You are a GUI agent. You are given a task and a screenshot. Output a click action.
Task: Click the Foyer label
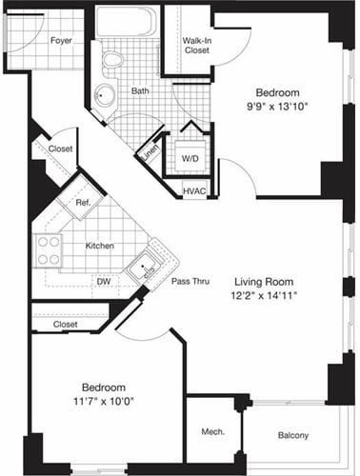coord(62,41)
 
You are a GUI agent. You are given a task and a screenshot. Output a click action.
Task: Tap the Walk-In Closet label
coord(197,45)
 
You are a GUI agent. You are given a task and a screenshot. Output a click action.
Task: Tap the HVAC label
coord(195,191)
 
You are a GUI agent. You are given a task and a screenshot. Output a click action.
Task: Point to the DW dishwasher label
coord(103,282)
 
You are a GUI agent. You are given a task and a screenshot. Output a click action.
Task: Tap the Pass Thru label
coord(190,282)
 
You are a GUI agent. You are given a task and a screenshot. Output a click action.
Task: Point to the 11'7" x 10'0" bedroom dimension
coord(102,404)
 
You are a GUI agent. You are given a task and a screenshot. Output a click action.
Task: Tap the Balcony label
coord(293,435)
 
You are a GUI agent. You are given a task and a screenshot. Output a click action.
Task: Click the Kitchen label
coord(100,246)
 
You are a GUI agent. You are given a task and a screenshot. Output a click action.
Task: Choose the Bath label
coord(140,91)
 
